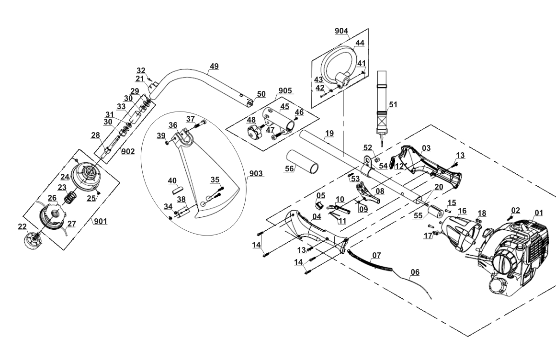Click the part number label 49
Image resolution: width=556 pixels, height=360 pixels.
tap(214, 66)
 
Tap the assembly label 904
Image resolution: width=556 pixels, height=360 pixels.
tap(341, 31)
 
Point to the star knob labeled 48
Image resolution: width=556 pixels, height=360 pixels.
tap(254, 132)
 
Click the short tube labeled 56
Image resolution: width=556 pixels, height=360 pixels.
tap(302, 162)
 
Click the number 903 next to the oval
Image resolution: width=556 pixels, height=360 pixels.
tap(256, 173)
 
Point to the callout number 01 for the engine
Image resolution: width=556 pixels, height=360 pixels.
tap(539, 213)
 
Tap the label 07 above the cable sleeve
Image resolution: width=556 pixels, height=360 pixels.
tap(376, 255)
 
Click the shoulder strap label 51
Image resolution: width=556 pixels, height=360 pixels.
tap(393, 104)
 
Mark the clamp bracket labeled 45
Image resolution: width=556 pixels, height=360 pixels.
tap(281, 121)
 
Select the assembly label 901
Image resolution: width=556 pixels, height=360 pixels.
tap(101, 222)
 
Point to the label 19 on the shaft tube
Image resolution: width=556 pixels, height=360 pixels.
tap(329, 133)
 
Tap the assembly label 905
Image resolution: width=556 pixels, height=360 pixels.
tap(285, 90)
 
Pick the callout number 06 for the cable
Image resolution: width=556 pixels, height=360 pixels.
tap(415, 272)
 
